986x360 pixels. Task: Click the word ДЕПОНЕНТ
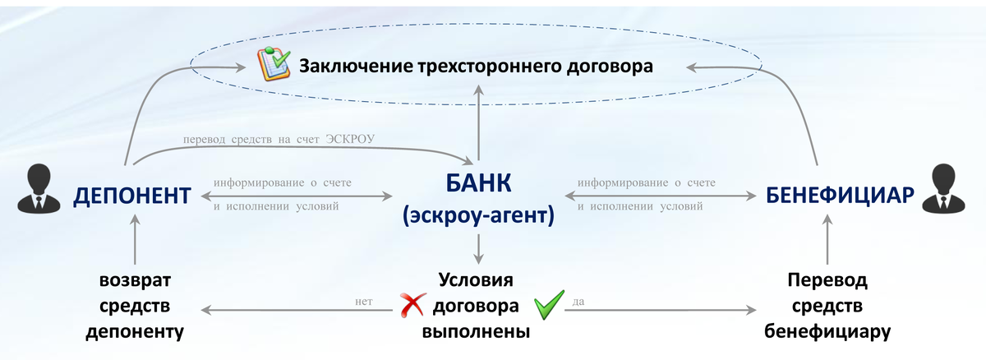pos(132,196)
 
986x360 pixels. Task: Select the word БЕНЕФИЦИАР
pos(840,196)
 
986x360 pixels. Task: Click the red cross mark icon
pos(411,306)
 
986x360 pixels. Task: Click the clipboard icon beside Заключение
pos(274,65)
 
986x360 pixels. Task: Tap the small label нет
pos(365,302)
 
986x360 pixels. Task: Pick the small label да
pos(578,302)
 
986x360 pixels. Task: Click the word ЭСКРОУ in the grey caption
pos(349,141)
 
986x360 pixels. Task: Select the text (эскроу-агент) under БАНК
pos(477,216)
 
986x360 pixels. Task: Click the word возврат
pos(135,280)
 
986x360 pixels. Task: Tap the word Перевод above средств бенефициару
pos(827,280)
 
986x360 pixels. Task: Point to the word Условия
pos(477,280)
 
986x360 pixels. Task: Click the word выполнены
pos(477,332)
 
